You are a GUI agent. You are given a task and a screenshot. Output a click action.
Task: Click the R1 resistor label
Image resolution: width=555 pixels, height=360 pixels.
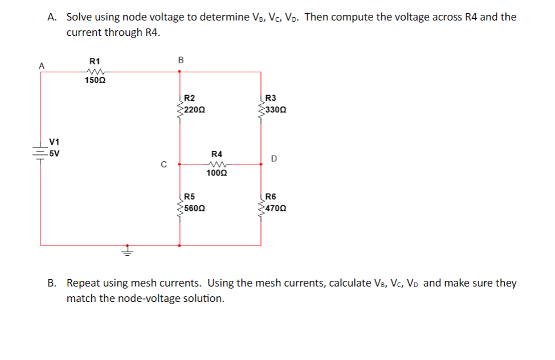(x=95, y=61)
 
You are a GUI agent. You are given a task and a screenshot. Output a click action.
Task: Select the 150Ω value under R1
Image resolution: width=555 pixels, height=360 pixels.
(x=95, y=80)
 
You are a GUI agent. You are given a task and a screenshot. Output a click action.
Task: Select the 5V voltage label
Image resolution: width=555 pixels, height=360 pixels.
(x=55, y=153)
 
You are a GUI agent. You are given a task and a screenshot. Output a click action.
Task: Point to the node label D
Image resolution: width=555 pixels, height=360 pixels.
(x=274, y=159)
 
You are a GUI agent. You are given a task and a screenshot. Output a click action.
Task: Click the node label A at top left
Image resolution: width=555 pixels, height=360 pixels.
(x=40, y=66)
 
